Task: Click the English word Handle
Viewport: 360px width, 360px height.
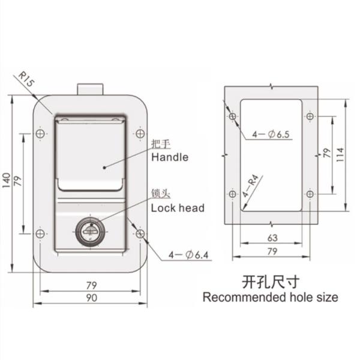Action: [169, 158]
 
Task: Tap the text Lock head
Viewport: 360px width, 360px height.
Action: [178, 208]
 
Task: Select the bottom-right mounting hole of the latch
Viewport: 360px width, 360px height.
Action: [140, 234]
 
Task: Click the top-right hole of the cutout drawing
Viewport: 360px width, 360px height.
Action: [309, 116]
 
